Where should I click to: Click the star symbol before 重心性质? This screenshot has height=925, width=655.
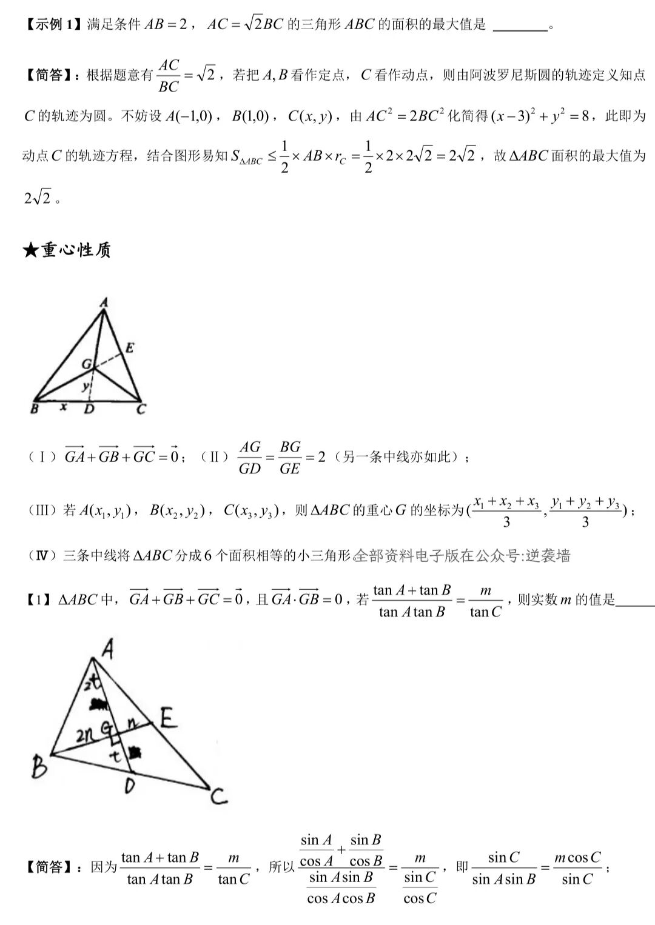[31, 250]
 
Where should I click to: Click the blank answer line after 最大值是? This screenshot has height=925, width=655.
[520, 27]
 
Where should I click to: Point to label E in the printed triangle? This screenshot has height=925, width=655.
[129, 347]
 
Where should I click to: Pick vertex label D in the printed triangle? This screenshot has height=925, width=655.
[89, 410]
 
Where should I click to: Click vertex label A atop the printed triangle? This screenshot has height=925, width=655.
[104, 301]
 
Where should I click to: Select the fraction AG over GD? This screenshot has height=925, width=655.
[250, 458]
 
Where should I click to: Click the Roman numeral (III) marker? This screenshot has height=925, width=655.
[42, 510]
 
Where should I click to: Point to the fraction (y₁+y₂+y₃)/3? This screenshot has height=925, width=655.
[585, 512]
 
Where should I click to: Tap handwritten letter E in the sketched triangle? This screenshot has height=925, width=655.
[169, 719]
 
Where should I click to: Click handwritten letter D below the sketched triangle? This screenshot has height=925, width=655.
[129, 787]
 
